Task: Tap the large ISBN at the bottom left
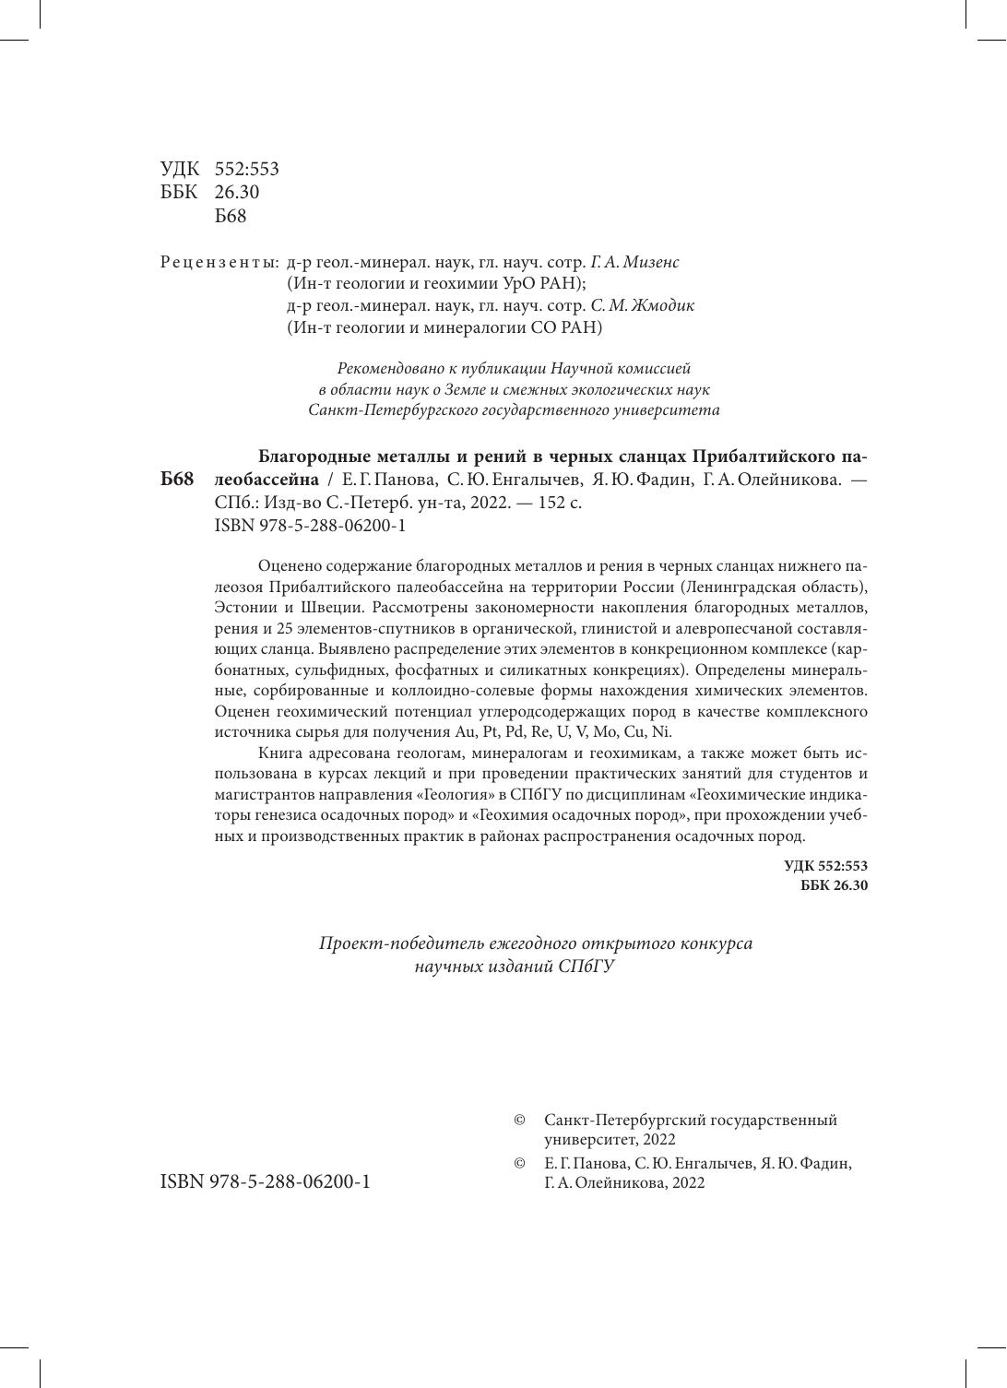tap(266, 1181)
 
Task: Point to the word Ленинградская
tap(739, 587)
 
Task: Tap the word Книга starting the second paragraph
tap(283, 753)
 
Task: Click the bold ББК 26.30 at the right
tap(834, 885)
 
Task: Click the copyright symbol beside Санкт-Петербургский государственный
tap(519, 1121)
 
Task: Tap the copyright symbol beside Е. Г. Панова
tap(519, 1164)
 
